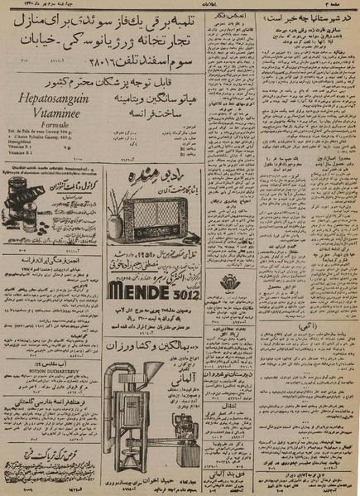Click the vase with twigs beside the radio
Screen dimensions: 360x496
click(x=116, y=218)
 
